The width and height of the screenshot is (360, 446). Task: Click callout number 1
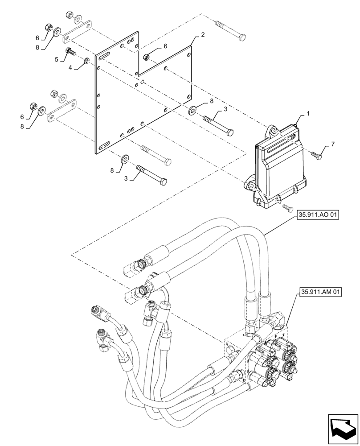[x=307, y=115]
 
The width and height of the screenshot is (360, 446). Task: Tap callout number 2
[x=203, y=34]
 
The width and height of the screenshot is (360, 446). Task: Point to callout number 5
[x=57, y=59]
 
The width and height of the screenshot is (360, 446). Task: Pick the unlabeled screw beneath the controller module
[x=286, y=206]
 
